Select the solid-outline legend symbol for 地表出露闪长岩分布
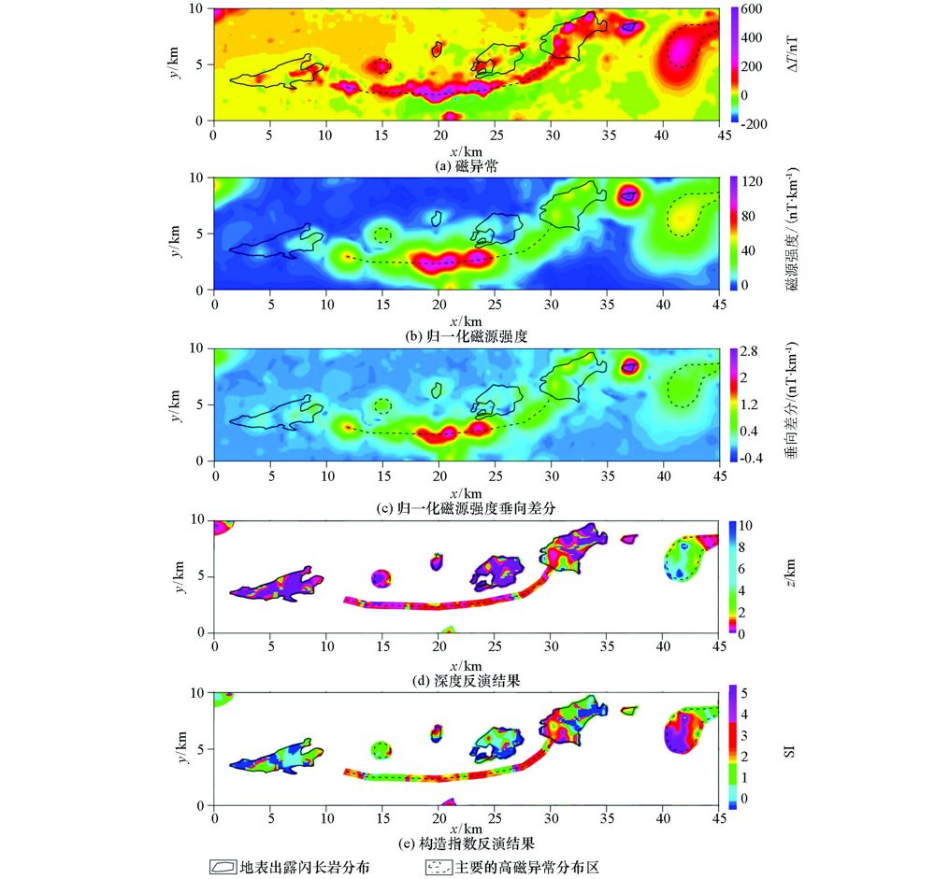tap(223, 867)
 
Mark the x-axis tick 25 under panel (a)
tap(495, 133)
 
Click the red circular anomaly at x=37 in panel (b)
tap(628, 196)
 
